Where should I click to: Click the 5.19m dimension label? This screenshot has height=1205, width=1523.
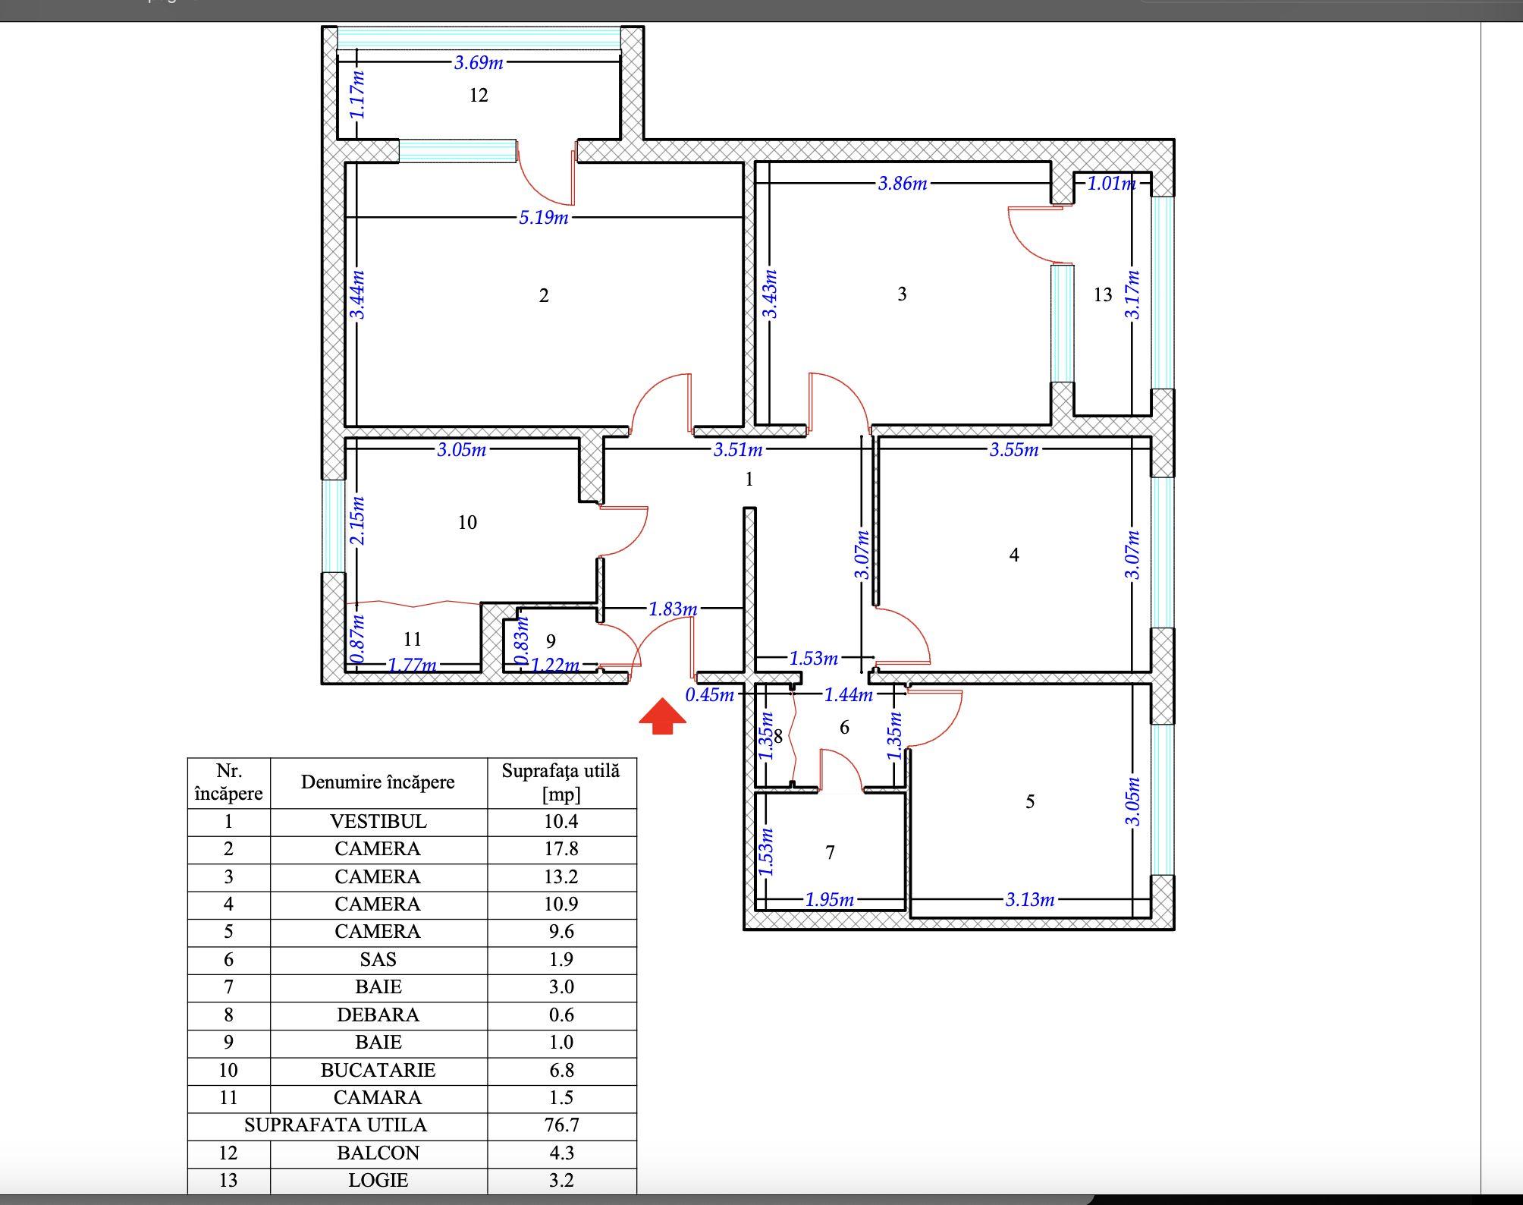pos(543,218)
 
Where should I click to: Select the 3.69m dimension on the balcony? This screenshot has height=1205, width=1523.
pos(479,62)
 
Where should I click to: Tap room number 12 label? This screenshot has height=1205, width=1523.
pos(479,95)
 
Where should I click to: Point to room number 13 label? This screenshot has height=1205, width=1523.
pos(1103,294)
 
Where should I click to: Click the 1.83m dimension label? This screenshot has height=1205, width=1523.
pos(672,609)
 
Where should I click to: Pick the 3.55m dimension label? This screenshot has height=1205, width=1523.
pos(1013,449)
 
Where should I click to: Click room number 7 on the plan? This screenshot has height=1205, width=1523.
pos(830,852)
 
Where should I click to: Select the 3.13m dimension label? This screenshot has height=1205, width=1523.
pos(1029,900)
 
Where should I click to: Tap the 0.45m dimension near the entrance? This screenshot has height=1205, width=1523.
pos(709,694)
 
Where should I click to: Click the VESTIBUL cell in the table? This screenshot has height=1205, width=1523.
pos(378,822)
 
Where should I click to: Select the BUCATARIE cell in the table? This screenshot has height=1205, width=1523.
pos(378,1070)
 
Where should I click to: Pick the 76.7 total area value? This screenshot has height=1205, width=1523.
pos(561,1125)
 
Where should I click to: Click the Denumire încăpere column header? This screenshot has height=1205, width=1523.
pos(378,782)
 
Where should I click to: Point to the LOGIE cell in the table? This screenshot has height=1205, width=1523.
pos(378,1180)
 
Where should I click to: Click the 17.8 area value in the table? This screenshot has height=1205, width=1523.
pos(561,849)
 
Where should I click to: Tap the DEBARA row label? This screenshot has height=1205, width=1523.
pos(378,1015)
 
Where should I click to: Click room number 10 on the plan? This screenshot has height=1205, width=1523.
pos(467,522)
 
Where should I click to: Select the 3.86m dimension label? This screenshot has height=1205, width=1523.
pos(902,183)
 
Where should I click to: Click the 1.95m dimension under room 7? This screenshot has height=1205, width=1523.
pos(829,900)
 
